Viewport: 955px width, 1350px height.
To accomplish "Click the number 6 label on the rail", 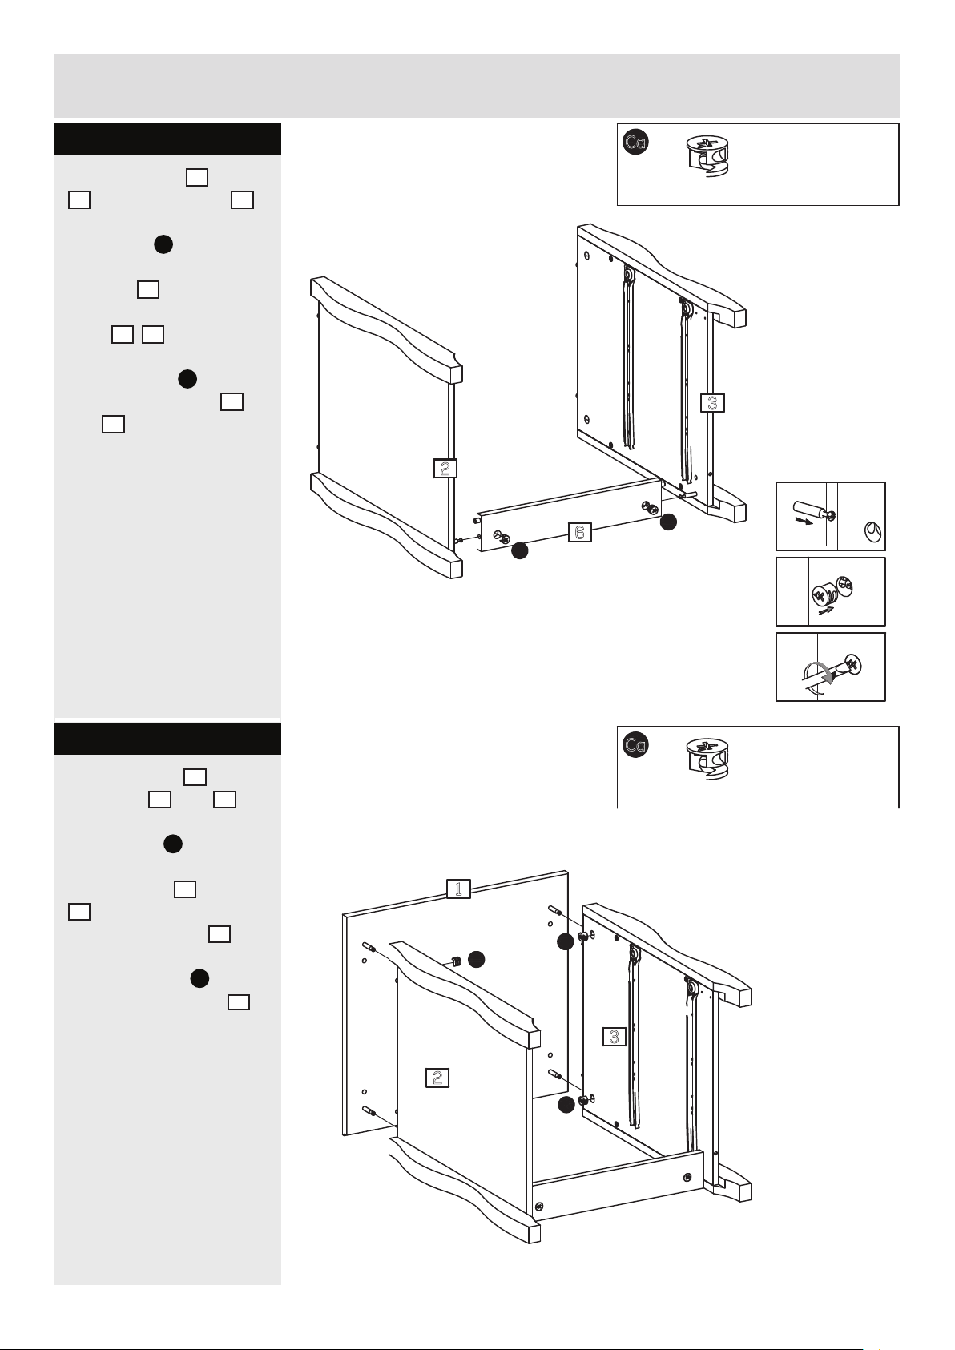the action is click(579, 532).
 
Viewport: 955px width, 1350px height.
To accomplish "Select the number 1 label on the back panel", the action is click(458, 889).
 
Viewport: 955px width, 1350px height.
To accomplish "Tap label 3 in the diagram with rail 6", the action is click(712, 402).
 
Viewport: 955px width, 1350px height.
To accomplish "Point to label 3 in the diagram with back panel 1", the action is click(615, 1036).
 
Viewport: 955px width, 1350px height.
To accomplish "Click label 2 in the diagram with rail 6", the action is click(445, 468).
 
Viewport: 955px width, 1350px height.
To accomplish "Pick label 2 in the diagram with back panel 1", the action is click(437, 1077).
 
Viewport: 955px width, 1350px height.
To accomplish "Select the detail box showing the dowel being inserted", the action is click(830, 516).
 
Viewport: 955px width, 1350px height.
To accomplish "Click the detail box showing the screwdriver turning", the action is click(830, 667).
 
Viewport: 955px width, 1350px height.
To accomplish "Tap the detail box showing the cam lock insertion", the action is click(830, 591).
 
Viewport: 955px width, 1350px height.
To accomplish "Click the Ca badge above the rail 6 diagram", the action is click(635, 143).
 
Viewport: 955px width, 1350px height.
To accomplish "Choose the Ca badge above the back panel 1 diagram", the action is click(635, 745).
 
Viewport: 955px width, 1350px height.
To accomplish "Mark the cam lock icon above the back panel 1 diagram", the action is click(708, 759).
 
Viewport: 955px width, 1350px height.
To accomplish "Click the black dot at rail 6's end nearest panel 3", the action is click(668, 522).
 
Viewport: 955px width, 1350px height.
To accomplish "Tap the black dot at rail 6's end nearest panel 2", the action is click(519, 550).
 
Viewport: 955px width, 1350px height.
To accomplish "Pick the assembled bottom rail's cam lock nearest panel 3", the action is click(687, 1177).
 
